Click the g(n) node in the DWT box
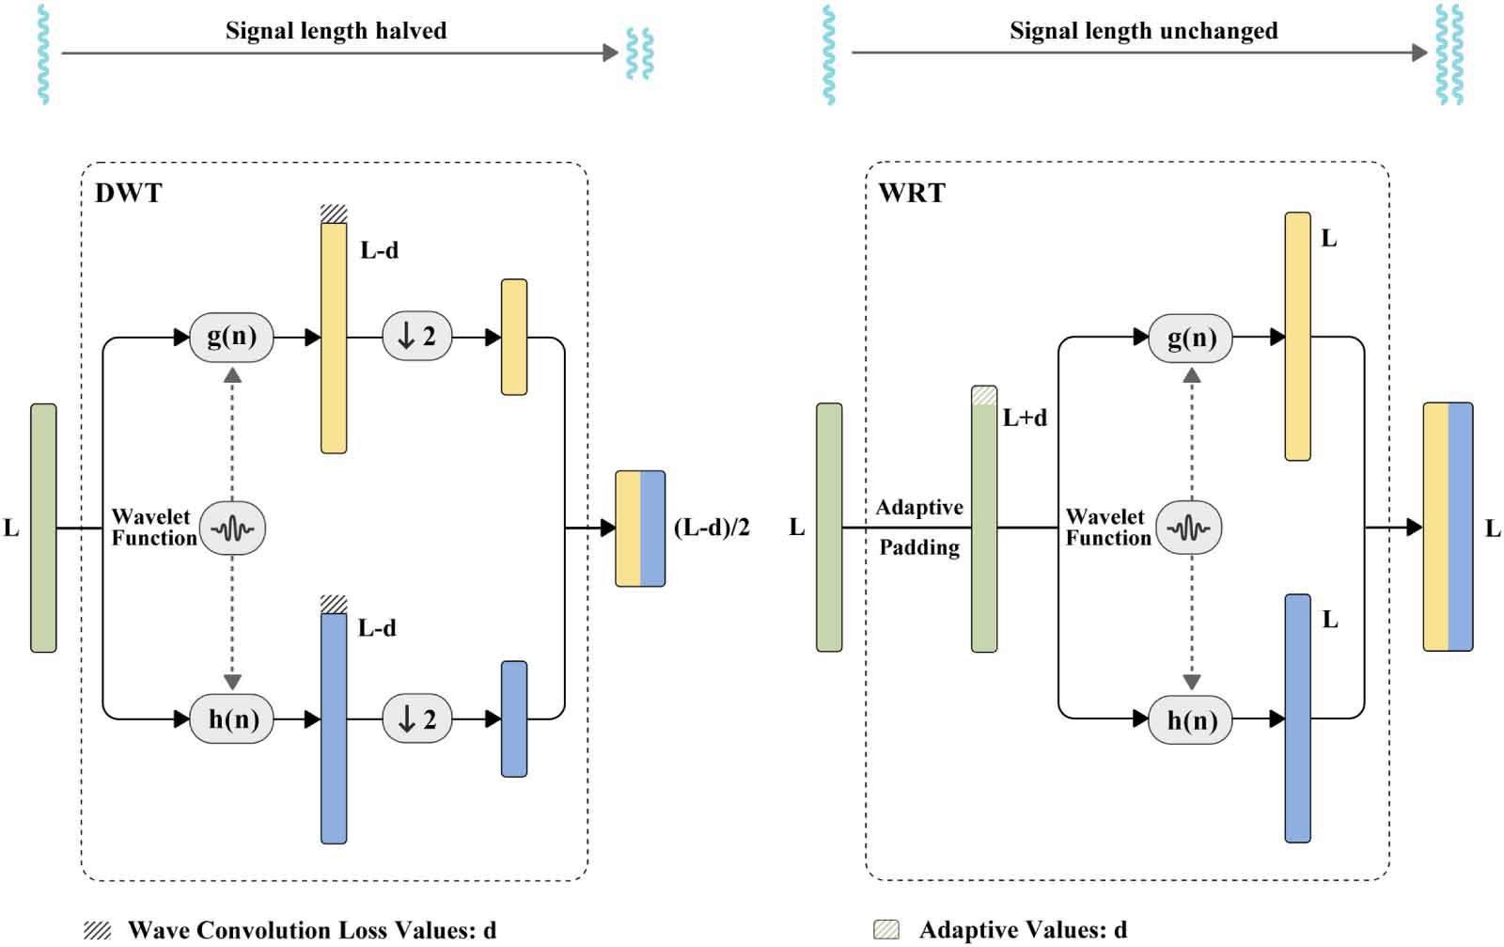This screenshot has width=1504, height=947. (x=231, y=337)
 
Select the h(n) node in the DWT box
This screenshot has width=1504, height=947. (x=231, y=719)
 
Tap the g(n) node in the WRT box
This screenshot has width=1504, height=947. (x=1191, y=338)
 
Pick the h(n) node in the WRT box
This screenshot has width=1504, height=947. (x=1191, y=720)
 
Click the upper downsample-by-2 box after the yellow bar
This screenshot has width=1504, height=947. (x=416, y=336)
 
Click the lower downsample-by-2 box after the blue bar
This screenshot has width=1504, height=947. (x=416, y=719)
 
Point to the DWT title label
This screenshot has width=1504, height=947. (x=129, y=193)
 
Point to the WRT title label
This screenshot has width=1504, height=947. (x=911, y=193)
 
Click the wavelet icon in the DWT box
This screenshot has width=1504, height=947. (x=233, y=529)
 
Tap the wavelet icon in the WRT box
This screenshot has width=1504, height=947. (x=1189, y=528)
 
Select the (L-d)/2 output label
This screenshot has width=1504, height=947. (x=712, y=528)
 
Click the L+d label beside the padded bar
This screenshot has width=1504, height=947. (x=1025, y=418)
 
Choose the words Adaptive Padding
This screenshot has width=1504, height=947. (x=919, y=528)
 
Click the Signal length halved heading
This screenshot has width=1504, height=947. (x=336, y=31)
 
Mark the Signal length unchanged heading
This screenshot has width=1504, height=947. (x=1143, y=31)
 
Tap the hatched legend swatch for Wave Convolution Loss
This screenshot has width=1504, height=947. (x=97, y=930)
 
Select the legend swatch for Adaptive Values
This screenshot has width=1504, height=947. (x=886, y=930)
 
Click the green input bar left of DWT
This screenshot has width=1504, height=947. (x=43, y=528)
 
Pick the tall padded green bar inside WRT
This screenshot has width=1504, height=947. (x=984, y=527)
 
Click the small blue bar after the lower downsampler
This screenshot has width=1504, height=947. (x=514, y=719)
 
